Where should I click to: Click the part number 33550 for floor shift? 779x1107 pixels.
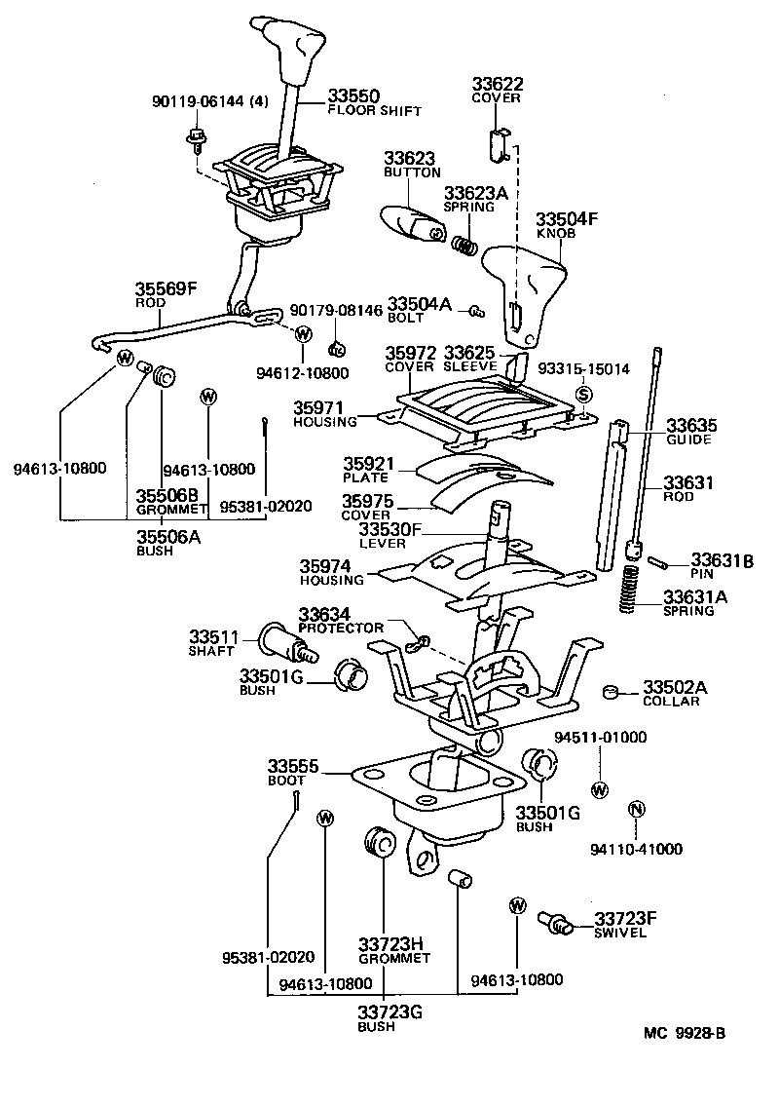(x=353, y=95)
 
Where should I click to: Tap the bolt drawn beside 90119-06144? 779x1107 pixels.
(x=194, y=140)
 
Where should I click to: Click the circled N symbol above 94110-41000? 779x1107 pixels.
(x=635, y=810)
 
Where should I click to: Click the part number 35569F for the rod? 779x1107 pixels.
(x=166, y=289)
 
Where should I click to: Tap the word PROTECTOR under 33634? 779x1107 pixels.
(x=342, y=627)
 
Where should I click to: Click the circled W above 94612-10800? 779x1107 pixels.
(x=303, y=334)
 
